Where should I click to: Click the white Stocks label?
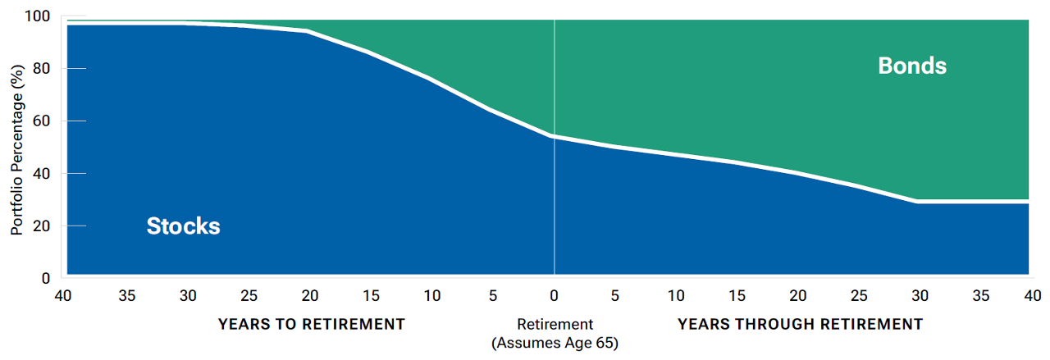[183, 226]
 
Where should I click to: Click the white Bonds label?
[912, 66]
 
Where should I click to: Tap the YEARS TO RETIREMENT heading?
[311, 324]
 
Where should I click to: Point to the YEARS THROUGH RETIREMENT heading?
[800, 324]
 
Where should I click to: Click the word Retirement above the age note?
[555, 324]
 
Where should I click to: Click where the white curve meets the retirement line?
[555, 136]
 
